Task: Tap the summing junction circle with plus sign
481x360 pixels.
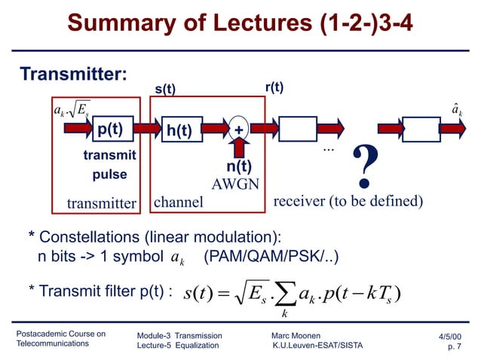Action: pyautogui.click(x=239, y=129)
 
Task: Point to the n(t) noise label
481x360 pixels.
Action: pyautogui.click(x=239, y=167)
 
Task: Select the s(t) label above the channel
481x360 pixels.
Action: pyautogui.click(x=165, y=90)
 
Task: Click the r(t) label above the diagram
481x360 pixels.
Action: pyautogui.click(x=274, y=87)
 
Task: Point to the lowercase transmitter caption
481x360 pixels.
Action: pyautogui.click(x=100, y=203)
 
